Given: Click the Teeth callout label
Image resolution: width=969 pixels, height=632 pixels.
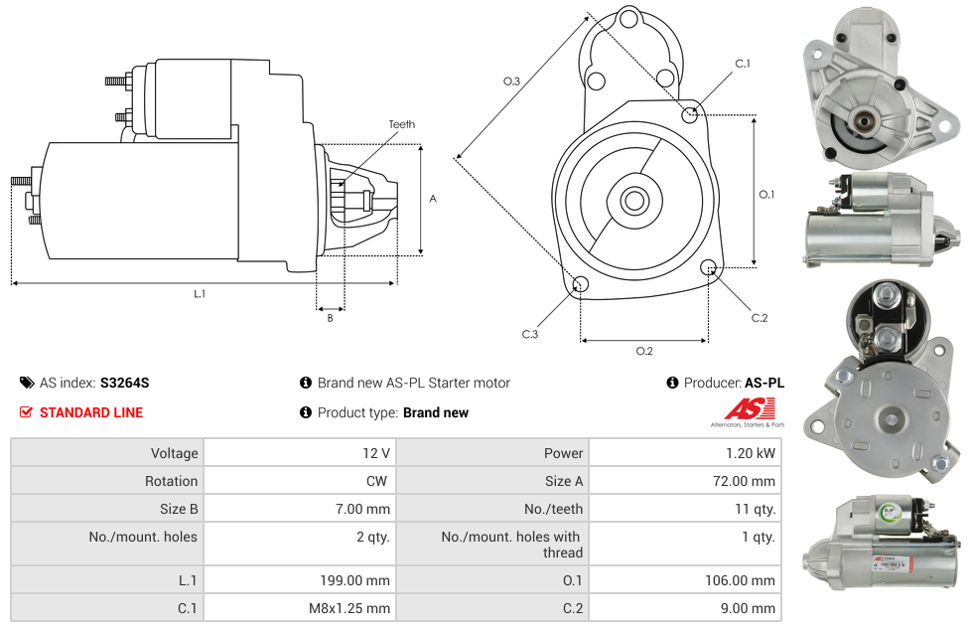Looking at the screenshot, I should point(401,124).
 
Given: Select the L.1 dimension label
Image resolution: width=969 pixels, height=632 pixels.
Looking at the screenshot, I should point(200,293).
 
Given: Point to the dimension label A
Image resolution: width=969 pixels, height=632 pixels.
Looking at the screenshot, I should point(432,199).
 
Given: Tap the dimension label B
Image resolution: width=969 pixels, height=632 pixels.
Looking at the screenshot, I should point(330,318).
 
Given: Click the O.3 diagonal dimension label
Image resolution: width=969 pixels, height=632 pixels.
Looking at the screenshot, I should point(511,81).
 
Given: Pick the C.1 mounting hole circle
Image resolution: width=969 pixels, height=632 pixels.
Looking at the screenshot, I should point(690,114).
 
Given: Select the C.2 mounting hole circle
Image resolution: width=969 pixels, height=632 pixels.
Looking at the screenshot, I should point(709,267).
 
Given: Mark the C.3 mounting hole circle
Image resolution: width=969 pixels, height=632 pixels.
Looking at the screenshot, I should point(581,286).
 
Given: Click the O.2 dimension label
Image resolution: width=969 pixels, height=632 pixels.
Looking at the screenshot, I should point(644,351).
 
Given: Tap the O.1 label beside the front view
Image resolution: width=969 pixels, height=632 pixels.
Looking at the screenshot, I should point(766,195).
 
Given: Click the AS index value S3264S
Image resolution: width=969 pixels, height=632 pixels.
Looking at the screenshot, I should point(124,383).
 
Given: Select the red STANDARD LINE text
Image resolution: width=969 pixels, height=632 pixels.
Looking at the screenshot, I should point(91,412).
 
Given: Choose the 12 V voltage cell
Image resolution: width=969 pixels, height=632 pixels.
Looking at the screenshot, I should point(376,453).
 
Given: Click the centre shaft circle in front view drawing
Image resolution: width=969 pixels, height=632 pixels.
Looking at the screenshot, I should point(633,201).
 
